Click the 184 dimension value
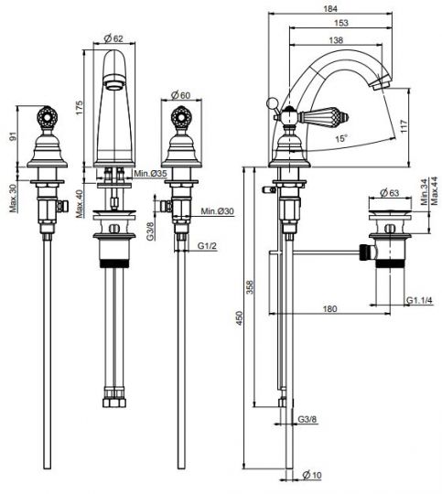(x=330, y=8)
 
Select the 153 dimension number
(x=341, y=23)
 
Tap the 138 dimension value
(x=336, y=40)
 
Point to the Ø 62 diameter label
(x=113, y=38)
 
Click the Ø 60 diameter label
(x=180, y=95)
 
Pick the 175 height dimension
(x=79, y=108)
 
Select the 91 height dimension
(x=13, y=136)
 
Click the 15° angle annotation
(x=341, y=139)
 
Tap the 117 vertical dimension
(x=404, y=126)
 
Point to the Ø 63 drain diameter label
(x=389, y=193)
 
